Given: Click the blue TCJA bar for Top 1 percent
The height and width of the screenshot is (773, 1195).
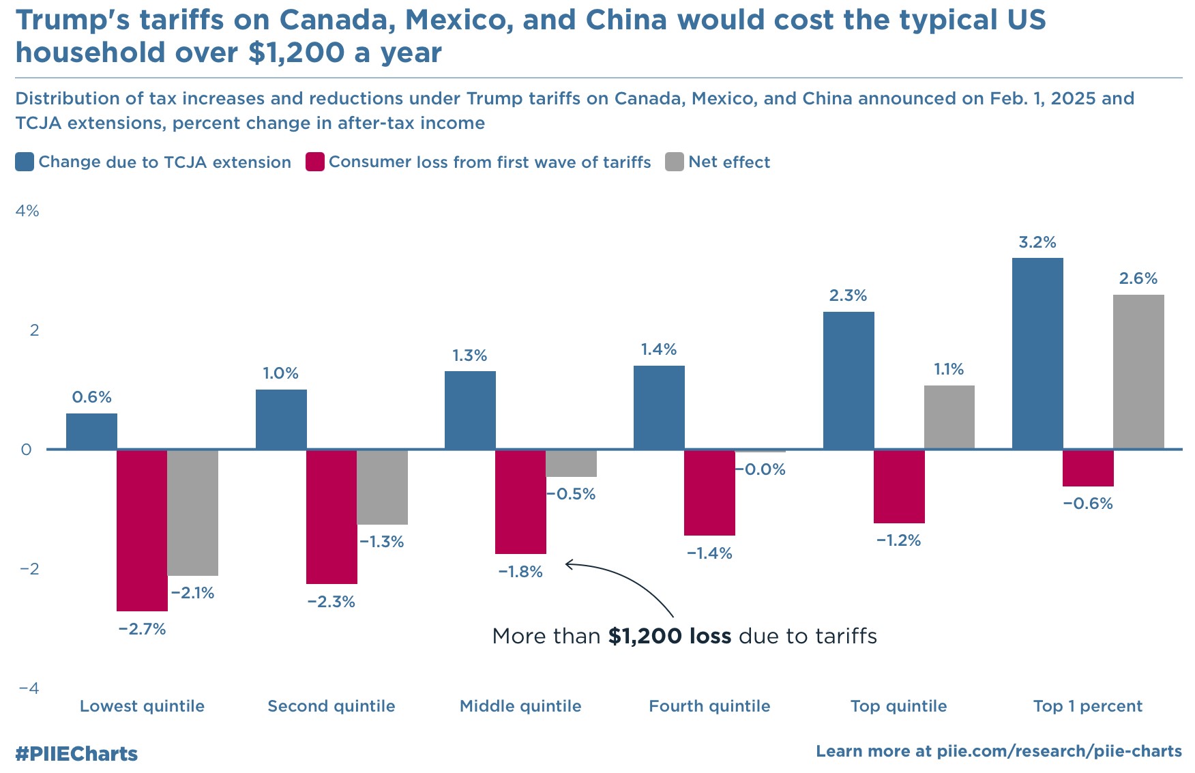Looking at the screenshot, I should pyautogui.click(x=1037, y=353).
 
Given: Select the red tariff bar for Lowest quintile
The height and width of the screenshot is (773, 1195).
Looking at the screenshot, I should pyautogui.click(x=142, y=530).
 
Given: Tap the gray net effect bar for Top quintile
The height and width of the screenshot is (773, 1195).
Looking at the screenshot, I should pyautogui.click(x=949, y=417).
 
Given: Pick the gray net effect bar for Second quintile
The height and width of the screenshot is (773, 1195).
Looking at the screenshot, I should pyautogui.click(x=382, y=486).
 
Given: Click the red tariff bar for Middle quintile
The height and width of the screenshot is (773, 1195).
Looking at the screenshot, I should pyautogui.click(x=520, y=501).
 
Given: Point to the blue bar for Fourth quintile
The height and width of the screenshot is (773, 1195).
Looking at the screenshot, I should pyautogui.click(x=659, y=407).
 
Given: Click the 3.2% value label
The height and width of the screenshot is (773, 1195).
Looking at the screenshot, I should pyautogui.click(x=1037, y=242).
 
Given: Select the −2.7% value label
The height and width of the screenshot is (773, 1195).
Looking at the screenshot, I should pyautogui.click(x=142, y=629).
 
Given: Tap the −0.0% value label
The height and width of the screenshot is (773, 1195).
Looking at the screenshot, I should pyautogui.click(x=761, y=469).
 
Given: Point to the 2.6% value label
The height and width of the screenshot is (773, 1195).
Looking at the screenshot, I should pyautogui.click(x=1138, y=278).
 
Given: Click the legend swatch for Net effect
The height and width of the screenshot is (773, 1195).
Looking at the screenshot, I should pyautogui.click(x=675, y=162).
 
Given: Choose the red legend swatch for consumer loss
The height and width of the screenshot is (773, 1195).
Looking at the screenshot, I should pyautogui.click(x=315, y=162).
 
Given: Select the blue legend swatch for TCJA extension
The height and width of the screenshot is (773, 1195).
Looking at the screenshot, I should pyautogui.click(x=25, y=162).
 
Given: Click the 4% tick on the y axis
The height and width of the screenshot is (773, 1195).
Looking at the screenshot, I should pyautogui.click(x=27, y=211).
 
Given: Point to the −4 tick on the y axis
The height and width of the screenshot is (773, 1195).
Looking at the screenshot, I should pyautogui.click(x=29, y=688).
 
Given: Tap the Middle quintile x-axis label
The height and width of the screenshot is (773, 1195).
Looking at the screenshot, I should pyautogui.click(x=520, y=706).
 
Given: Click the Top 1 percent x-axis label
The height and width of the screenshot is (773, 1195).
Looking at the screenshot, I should pyautogui.click(x=1087, y=706).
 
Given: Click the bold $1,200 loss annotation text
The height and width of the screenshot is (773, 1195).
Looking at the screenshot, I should pyautogui.click(x=670, y=637).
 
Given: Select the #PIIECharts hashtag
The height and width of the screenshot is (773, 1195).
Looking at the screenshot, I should pyautogui.click(x=76, y=754).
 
